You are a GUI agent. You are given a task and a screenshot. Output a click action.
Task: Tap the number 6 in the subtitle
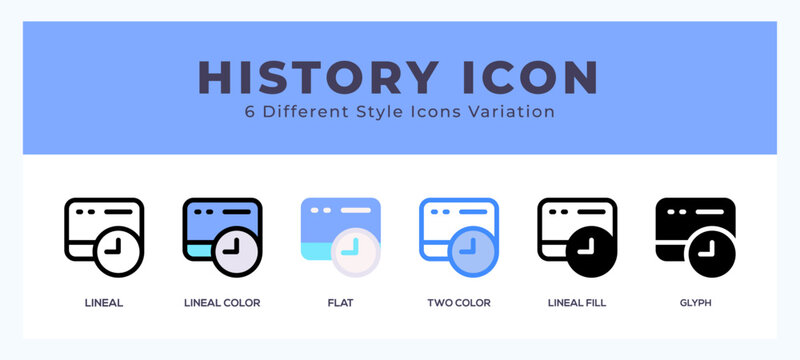pyautogui.click(x=250, y=112)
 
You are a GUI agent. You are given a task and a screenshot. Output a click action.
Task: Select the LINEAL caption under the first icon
pyautogui.click(x=104, y=302)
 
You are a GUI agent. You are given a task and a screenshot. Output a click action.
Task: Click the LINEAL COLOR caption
pyautogui.click(x=222, y=302)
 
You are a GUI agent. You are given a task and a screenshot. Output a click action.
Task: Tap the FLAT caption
pyautogui.click(x=340, y=302)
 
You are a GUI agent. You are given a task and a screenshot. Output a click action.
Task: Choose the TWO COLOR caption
pyautogui.click(x=458, y=302)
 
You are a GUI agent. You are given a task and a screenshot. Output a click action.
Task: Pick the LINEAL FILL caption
pyautogui.click(x=577, y=302)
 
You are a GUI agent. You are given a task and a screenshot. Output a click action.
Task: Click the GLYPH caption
pyautogui.click(x=695, y=302)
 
